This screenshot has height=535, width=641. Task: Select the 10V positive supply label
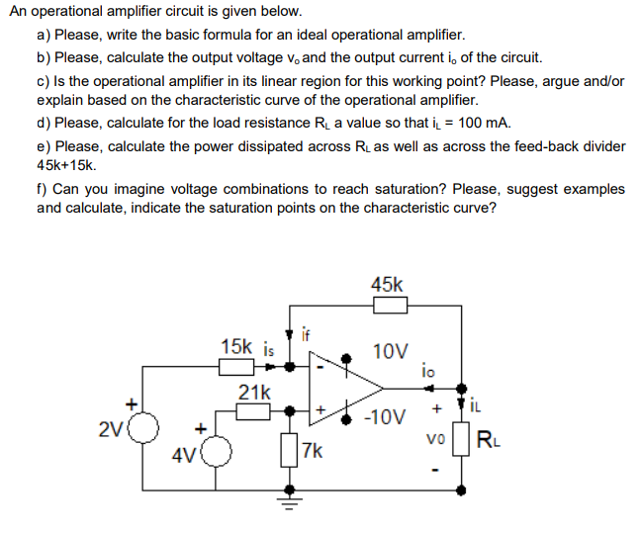(x=389, y=351)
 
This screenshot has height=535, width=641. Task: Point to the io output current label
(x=426, y=371)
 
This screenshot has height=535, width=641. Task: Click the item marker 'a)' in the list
(x=45, y=34)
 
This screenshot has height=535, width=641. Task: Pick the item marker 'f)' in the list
(x=43, y=188)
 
